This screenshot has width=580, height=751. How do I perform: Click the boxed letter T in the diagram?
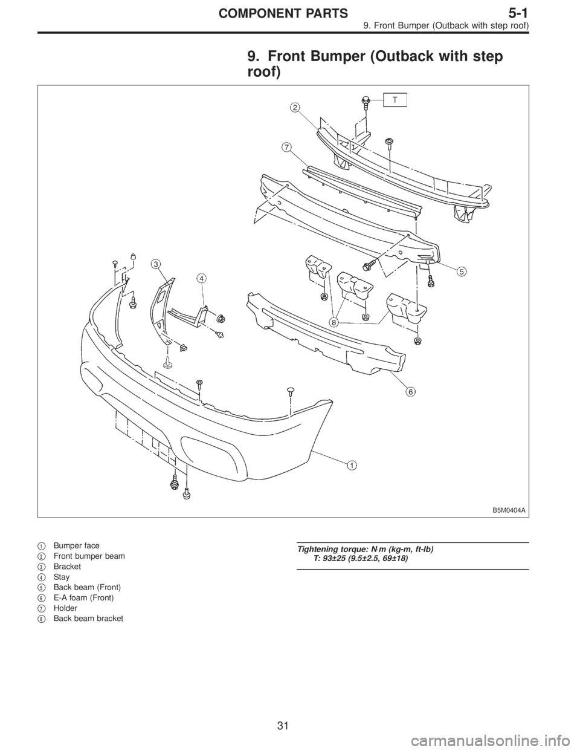(394, 100)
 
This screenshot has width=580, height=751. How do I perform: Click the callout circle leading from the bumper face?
(352, 464)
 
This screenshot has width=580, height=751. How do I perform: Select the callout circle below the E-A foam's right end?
(411, 391)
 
